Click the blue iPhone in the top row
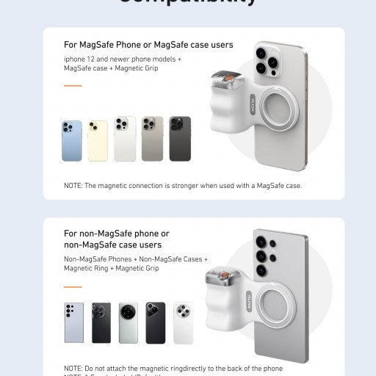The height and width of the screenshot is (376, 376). [72, 140]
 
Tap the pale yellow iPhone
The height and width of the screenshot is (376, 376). [98, 140]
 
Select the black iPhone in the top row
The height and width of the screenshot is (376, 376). [180, 139]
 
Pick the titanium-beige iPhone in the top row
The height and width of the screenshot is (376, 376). [153, 139]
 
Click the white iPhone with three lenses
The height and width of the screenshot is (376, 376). [125, 139]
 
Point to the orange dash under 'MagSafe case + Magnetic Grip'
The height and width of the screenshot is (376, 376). [73, 86]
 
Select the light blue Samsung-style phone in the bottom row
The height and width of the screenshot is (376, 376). [73, 322]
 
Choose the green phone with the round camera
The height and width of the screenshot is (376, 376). [129, 322]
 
